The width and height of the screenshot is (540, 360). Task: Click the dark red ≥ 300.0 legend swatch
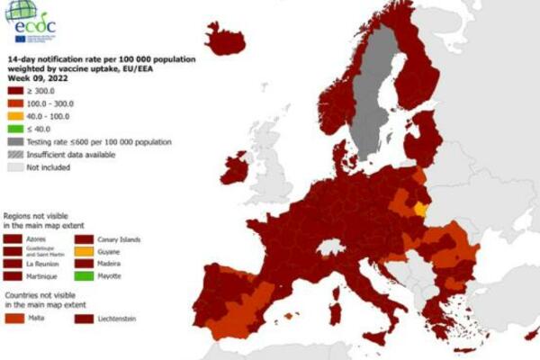click(14, 91)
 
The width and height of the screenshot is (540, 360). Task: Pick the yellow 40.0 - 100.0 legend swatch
click(14, 116)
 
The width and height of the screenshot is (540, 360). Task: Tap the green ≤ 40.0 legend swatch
click(14, 129)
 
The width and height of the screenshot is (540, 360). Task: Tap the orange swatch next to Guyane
click(85, 251)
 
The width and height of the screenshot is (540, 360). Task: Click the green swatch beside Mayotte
click(85, 275)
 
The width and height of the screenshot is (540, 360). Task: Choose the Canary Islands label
click(120, 238)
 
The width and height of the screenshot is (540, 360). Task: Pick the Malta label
click(39, 318)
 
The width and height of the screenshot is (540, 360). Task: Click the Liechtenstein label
click(118, 318)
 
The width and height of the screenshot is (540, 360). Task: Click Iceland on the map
click(225, 40)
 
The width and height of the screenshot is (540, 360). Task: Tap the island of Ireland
click(236, 168)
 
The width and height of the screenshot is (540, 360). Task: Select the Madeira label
click(112, 264)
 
